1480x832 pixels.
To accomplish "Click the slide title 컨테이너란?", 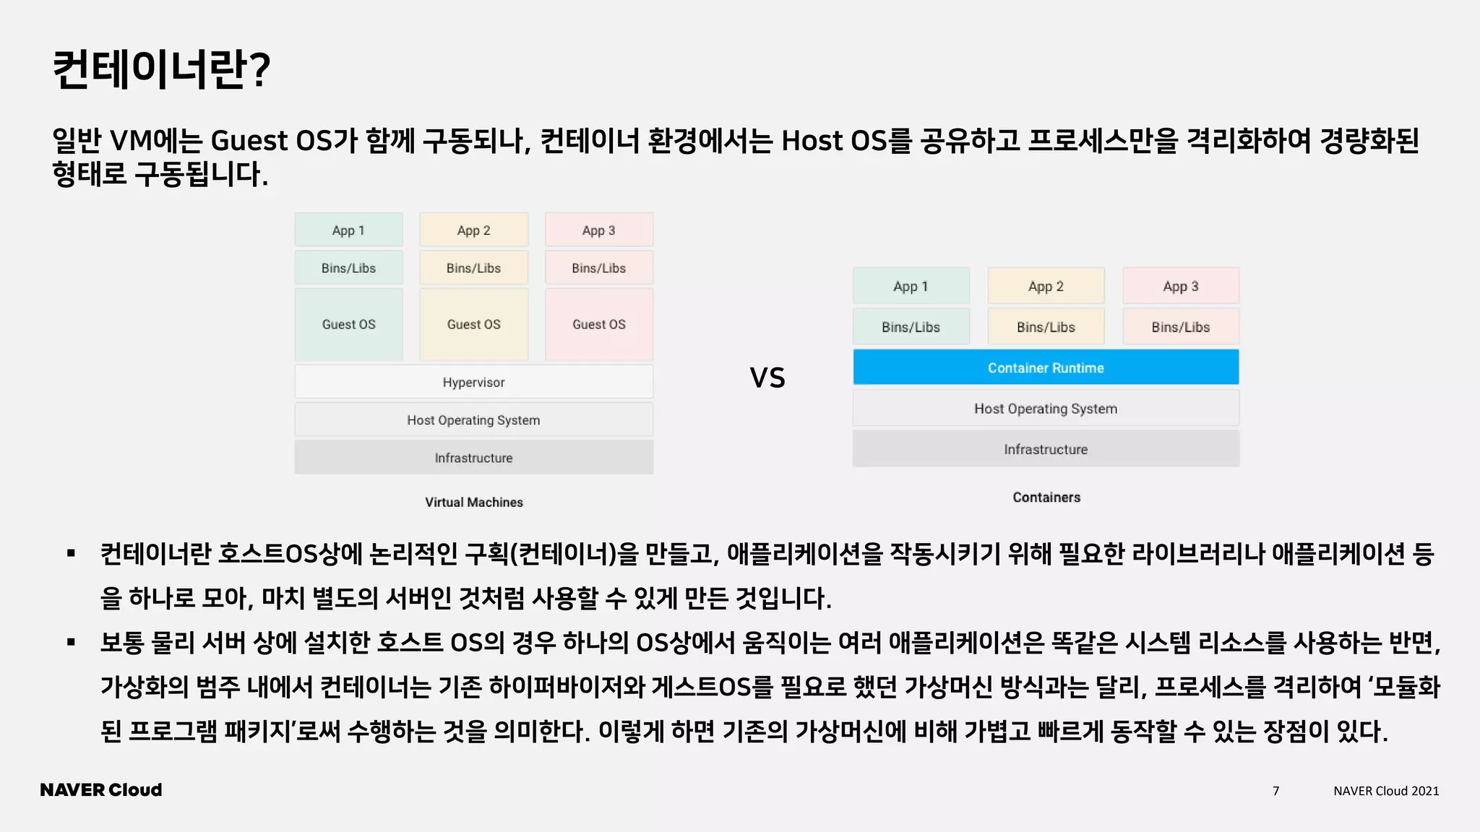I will click(161, 70).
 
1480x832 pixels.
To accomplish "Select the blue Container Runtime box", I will click(1045, 368).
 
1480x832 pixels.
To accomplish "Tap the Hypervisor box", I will click(473, 382).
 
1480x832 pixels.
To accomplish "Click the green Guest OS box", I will click(348, 324).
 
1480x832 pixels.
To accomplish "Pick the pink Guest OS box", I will click(598, 324).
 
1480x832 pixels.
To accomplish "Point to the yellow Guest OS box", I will click(473, 324).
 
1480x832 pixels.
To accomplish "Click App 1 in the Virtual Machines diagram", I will click(348, 230).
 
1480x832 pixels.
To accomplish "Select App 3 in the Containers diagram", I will click(1180, 286).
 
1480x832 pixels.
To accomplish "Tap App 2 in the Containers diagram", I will click(1046, 286).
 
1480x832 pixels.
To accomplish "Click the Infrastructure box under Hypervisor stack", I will click(473, 458).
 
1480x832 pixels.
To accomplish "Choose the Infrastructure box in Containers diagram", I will click(1045, 449).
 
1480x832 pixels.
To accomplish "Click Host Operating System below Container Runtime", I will click(1045, 409).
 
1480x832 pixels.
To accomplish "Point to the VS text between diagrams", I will click(767, 378).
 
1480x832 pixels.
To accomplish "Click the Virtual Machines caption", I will click(473, 502).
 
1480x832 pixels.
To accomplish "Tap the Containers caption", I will click(1046, 497).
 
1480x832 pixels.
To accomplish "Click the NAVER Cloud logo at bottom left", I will click(101, 790).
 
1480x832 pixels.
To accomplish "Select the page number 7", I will click(1275, 791).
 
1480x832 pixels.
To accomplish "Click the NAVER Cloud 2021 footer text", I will click(1385, 791).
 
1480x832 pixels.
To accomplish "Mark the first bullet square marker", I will click(71, 554).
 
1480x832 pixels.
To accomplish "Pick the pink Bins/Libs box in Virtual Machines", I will click(598, 268).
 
